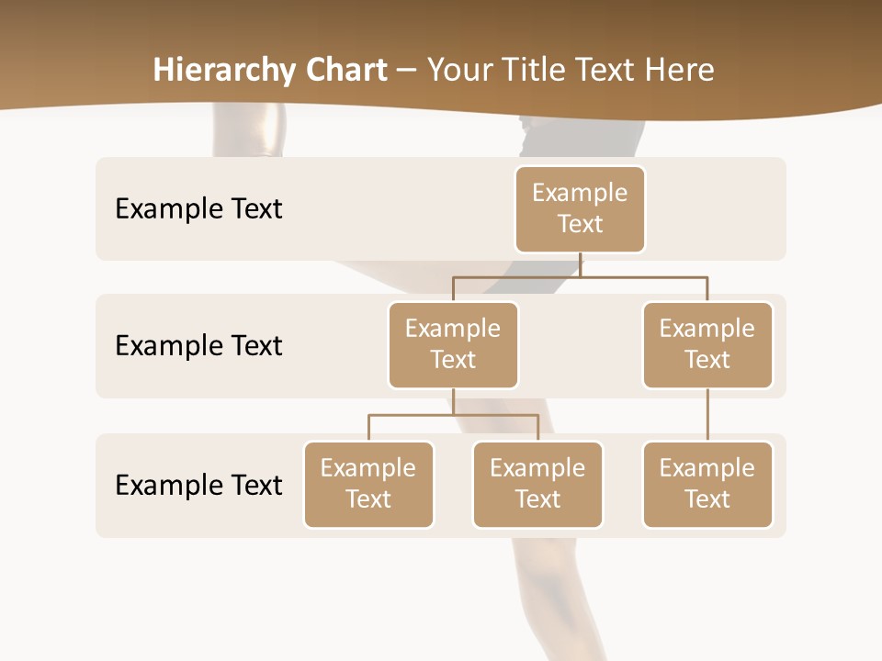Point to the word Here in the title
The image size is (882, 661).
point(680,70)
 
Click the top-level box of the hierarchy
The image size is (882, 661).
point(580,209)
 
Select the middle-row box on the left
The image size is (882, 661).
point(453,345)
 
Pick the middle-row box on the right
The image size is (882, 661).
point(707,345)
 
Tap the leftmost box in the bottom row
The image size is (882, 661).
point(368,485)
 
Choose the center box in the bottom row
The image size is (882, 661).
point(537,485)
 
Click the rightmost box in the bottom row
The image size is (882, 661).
point(707,485)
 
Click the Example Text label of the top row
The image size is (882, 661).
point(198,209)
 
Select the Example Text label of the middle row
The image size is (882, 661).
point(198,346)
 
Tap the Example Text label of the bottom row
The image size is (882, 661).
point(198,485)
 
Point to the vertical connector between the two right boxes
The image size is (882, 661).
point(707,415)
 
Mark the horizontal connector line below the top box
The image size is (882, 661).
point(580,276)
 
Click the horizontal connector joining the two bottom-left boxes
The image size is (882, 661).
point(453,415)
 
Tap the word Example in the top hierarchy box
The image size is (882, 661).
point(580,193)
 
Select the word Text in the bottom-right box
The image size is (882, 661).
point(707,499)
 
